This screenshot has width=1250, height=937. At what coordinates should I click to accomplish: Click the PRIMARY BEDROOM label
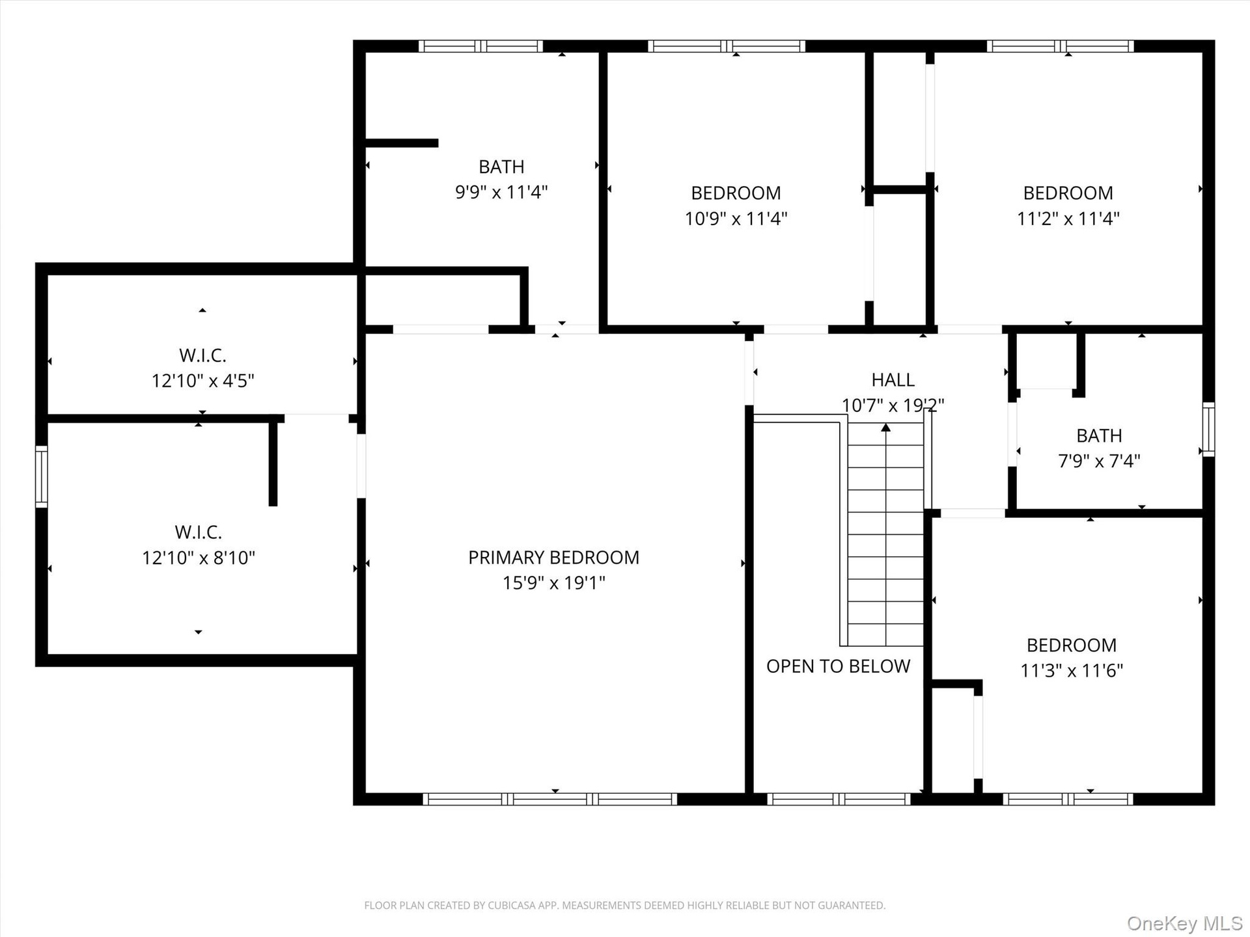pyautogui.click(x=553, y=558)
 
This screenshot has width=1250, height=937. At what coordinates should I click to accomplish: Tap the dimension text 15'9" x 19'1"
pyautogui.click(x=553, y=583)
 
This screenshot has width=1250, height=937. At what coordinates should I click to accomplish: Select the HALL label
pyautogui.click(x=893, y=379)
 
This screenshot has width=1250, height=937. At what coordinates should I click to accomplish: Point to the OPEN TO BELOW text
pyautogui.click(x=838, y=666)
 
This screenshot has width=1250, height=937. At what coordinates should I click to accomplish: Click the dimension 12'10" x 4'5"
pyautogui.click(x=202, y=381)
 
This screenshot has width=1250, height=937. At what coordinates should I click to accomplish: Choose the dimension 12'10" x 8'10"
pyautogui.click(x=199, y=558)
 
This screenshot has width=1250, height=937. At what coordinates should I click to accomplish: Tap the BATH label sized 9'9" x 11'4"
pyautogui.click(x=501, y=167)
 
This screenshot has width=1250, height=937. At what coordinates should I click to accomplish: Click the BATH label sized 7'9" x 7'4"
pyautogui.click(x=1099, y=436)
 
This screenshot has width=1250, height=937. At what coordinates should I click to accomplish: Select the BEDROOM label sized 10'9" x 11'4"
pyautogui.click(x=736, y=193)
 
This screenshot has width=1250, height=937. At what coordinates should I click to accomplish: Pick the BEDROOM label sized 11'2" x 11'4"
pyautogui.click(x=1068, y=193)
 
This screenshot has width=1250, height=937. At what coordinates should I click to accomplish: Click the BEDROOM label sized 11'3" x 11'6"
pyautogui.click(x=1071, y=645)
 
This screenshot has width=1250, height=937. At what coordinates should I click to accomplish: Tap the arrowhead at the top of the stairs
pyautogui.click(x=885, y=428)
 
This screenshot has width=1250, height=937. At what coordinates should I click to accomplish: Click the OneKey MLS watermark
pyautogui.click(x=1185, y=923)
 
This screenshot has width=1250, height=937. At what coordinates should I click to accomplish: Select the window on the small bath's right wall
pyautogui.click(x=1208, y=429)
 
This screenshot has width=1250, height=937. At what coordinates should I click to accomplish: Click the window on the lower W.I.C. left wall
pyautogui.click(x=41, y=477)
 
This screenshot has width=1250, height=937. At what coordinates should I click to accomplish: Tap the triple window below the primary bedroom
pyautogui.click(x=550, y=799)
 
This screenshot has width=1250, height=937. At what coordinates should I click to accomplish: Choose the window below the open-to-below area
pyautogui.click(x=839, y=799)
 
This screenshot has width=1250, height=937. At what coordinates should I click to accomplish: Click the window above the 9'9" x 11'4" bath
pyautogui.click(x=480, y=46)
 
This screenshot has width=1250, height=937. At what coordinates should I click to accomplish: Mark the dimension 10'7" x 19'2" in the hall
pyautogui.click(x=893, y=405)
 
